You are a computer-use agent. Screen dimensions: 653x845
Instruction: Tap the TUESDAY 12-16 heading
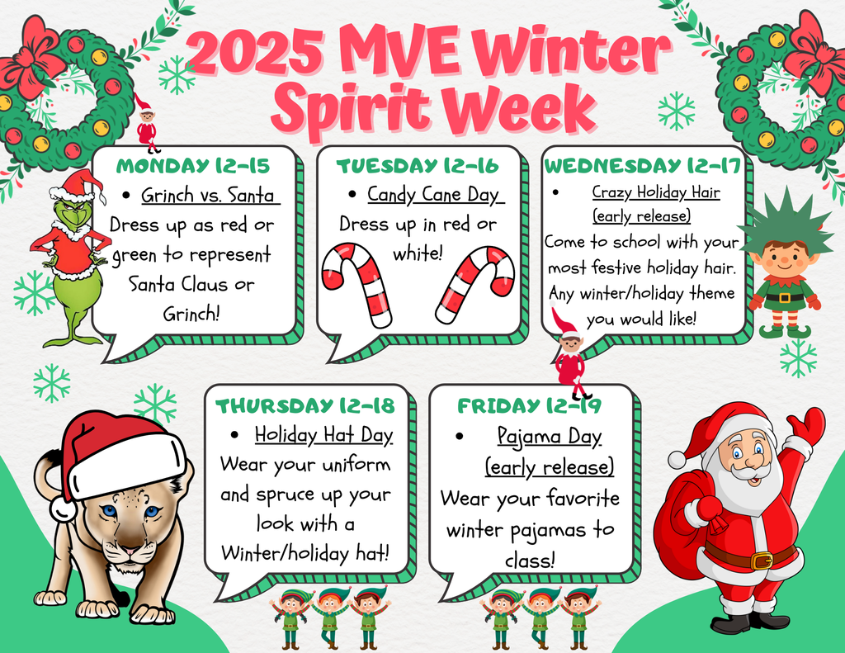pos(418,166)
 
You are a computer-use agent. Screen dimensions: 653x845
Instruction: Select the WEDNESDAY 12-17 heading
pos(644,165)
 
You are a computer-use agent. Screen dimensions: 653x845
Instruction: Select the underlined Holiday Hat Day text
pos(323,434)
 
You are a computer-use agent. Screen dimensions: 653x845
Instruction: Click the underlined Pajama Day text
pos(550,436)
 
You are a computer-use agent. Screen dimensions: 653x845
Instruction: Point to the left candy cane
pos(356,281)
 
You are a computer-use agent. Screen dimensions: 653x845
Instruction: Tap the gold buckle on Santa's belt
pos(761,561)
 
